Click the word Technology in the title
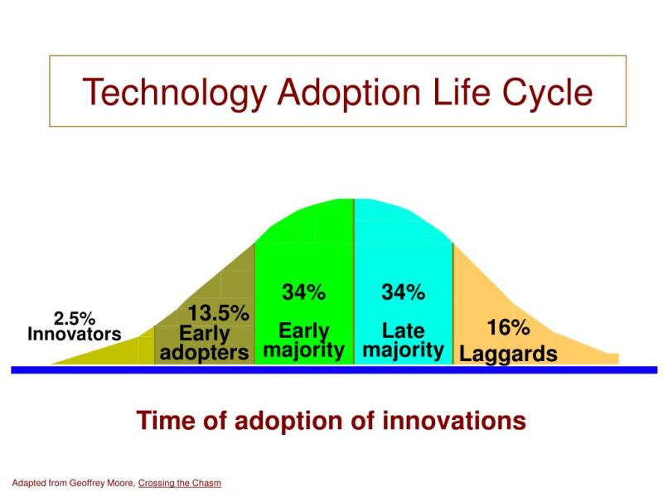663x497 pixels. (175, 93)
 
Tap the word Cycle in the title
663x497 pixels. (547, 93)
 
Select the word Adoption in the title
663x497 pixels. (349, 93)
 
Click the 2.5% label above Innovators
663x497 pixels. (75, 318)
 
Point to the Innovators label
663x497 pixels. (75, 334)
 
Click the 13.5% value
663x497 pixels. (218, 314)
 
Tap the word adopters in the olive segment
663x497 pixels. (204, 353)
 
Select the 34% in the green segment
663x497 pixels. (304, 292)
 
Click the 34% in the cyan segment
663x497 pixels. (403, 292)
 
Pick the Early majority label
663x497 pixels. (304, 340)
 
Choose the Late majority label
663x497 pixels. (403, 340)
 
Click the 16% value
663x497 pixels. (508, 327)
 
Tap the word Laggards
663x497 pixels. (508, 355)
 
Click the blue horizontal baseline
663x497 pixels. (334, 370)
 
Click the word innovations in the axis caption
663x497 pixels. (454, 421)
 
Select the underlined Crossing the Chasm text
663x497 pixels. (180, 483)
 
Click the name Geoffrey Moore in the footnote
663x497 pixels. (102, 483)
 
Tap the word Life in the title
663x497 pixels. (462, 93)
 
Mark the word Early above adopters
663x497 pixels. (204, 334)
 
